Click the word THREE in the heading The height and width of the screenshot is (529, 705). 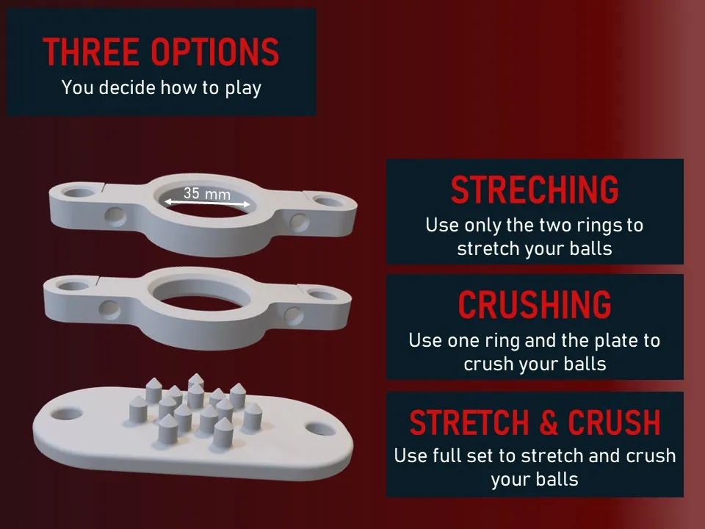(x=91, y=51)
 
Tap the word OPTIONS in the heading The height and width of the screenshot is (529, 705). (x=214, y=51)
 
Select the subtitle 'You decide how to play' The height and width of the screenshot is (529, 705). (x=162, y=87)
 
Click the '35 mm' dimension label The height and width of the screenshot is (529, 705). (x=207, y=193)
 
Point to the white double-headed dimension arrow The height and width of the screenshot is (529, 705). (x=207, y=204)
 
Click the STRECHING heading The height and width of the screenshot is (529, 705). (x=535, y=190)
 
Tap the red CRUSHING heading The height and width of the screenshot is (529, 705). (x=535, y=305)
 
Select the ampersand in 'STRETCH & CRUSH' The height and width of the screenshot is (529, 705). (x=548, y=422)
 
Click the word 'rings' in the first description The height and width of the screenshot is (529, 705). (x=596, y=226)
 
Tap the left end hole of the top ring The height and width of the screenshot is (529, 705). (x=78, y=193)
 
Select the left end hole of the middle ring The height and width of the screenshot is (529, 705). (x=73, y=286)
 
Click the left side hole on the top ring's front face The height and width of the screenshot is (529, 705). (x=115, y=217)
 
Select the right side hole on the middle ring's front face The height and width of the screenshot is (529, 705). (x=294, y=316)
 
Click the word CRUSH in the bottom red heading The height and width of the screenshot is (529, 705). (x=614, y=422)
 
